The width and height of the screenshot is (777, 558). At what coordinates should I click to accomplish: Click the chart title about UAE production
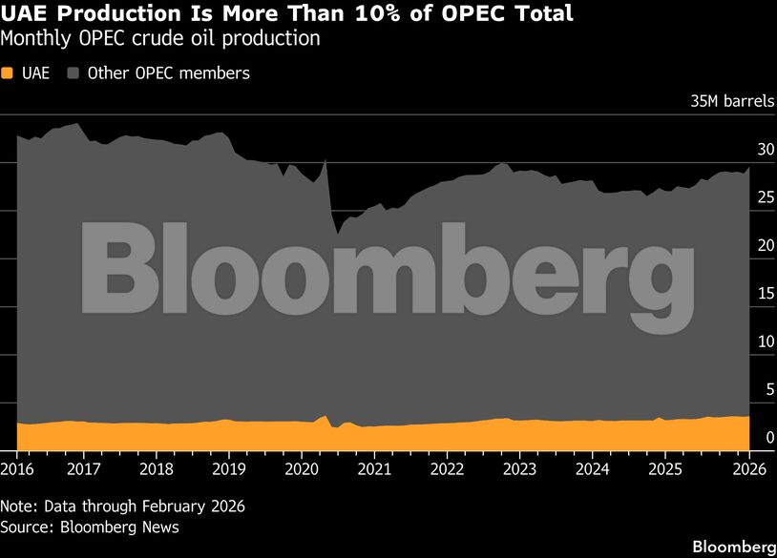(287, 14)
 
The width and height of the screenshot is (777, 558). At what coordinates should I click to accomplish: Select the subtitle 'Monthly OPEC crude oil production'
(160, 40)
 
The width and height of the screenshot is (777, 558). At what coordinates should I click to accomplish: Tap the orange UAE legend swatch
(8, 73)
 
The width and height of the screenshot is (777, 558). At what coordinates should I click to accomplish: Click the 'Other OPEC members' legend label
(168, 73)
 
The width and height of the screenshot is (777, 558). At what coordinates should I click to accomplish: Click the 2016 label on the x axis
(16, 469)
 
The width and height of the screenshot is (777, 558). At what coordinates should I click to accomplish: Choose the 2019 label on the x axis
(228, 469)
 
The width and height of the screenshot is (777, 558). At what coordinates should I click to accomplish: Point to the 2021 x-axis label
(373, 469)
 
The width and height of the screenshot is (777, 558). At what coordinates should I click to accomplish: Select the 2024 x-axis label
(592, 469)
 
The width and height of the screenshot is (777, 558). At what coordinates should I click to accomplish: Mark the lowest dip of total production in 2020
(337, 233)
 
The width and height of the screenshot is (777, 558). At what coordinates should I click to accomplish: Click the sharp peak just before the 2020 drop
(325, 159)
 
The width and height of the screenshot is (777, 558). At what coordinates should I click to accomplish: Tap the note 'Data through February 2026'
(122, 506)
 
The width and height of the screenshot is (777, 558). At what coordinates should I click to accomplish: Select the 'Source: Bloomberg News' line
(90, 527)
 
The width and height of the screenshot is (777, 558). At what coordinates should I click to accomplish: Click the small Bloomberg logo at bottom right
(733, 547)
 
